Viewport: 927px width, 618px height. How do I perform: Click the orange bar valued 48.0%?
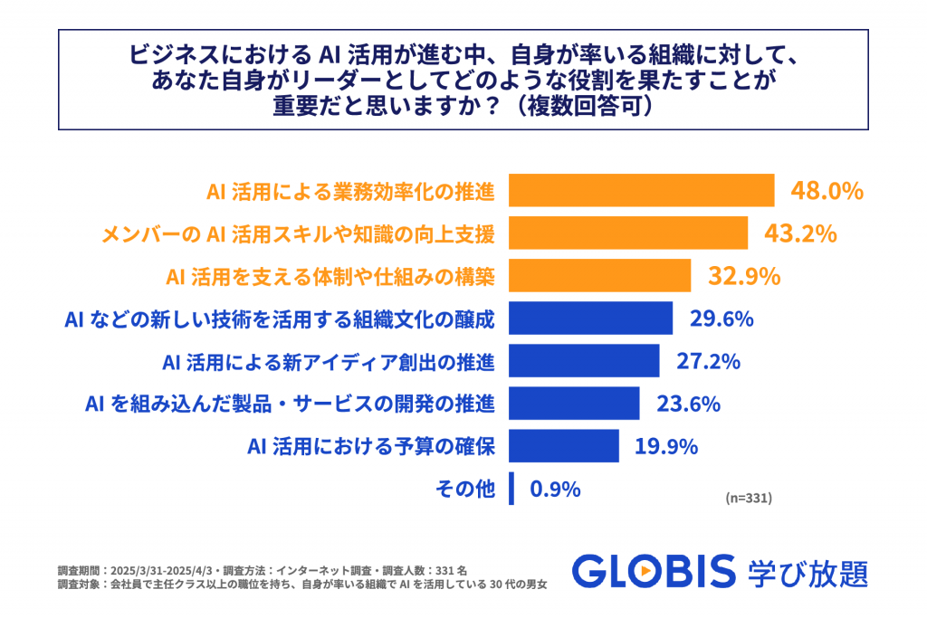[642, 191]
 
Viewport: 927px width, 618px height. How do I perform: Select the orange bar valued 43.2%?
[628, 233]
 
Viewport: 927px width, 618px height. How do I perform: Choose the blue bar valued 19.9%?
[564, 445]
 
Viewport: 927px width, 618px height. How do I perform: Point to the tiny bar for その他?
[511, 489]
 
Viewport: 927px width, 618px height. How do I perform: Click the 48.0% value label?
[827, 191]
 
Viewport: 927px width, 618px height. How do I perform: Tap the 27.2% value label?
[709, 361]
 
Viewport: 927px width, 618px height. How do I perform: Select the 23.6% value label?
[689, 404]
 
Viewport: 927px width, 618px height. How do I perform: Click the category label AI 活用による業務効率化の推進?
[350, 192]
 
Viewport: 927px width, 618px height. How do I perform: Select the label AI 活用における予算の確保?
[371, 446]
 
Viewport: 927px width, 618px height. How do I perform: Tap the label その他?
[465, 490]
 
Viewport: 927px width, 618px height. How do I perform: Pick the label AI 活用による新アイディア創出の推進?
[329, 362]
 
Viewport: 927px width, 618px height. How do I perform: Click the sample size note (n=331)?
[749, 498]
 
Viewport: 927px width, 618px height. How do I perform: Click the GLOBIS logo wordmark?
[654, 572]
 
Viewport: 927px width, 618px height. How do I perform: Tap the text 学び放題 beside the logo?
[808, 572]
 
